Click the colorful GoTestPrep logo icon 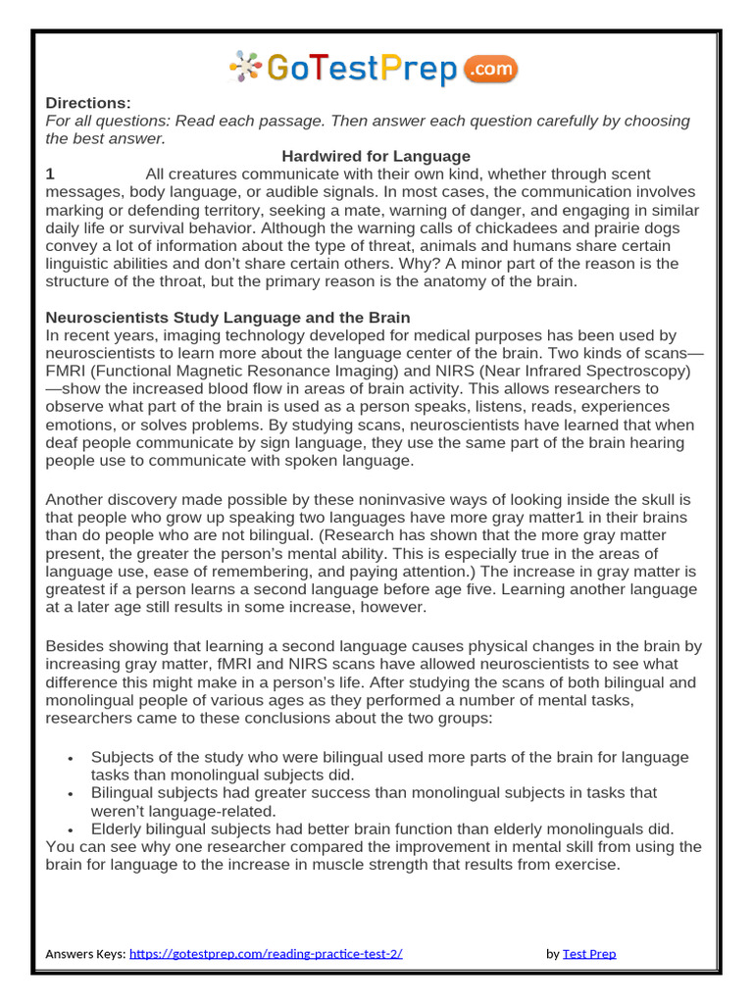tap(245, 67)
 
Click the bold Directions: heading tap(88, 104)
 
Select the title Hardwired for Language tap(376, 156)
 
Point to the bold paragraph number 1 tap(50, 175)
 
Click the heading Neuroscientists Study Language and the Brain tap(227, 318)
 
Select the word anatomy tap(439, 281)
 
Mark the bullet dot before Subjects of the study tap(71, 759)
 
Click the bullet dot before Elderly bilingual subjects tap(71, 829)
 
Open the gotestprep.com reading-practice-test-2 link tap(266, 953)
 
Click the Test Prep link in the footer tap(588, 953)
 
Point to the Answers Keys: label tap(85, 953)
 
